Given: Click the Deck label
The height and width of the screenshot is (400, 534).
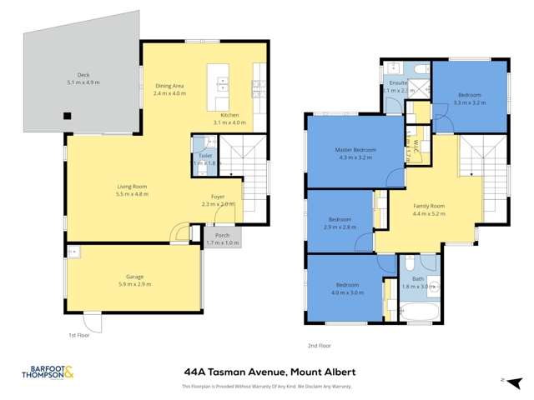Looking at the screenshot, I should [83, 76].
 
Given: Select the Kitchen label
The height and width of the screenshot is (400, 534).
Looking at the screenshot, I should [230, 115].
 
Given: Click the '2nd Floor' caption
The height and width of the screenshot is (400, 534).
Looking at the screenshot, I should [320, 344].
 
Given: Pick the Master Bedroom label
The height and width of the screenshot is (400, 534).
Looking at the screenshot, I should [355, 150].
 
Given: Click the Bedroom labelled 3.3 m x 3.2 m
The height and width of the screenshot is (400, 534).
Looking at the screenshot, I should [469, 96].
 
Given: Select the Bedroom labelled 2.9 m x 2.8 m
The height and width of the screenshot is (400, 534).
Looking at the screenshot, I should [340, 219].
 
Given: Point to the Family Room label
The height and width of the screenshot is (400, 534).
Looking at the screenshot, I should [430, 206].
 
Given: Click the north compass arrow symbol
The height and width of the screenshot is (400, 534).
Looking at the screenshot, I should [504, 379].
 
